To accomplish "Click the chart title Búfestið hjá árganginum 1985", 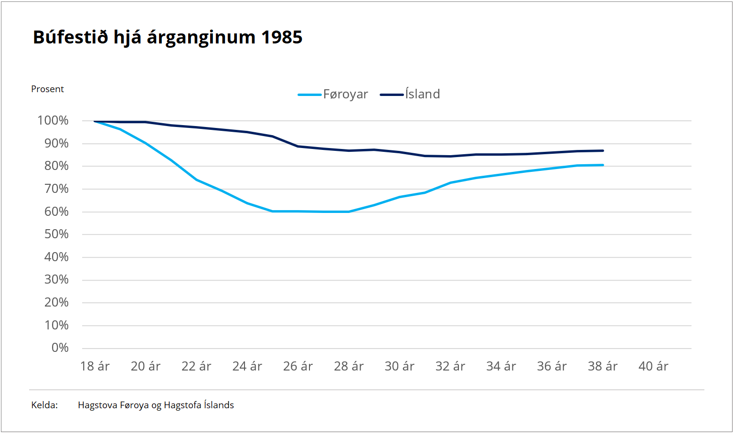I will click(167, 37).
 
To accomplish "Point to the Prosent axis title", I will click(47, 89).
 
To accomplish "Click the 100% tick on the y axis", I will click(53, 121).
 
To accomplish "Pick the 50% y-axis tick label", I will click(56, 234).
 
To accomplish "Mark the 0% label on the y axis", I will click(60, 348).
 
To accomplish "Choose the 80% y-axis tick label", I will click(56, 166).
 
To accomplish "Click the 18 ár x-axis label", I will click(95, 366).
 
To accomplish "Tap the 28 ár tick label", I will click(349, 366).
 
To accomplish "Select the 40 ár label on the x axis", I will click(653, 366).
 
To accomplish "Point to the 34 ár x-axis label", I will click(501, 366).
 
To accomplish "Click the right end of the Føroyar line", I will click(603, 165).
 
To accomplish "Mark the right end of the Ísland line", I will click(603, 151).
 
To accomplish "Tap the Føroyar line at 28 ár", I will click(349, 212).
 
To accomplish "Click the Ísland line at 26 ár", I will click(298, 146).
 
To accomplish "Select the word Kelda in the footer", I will click(44, 405).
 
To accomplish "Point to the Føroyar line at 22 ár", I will click(196, 180).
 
